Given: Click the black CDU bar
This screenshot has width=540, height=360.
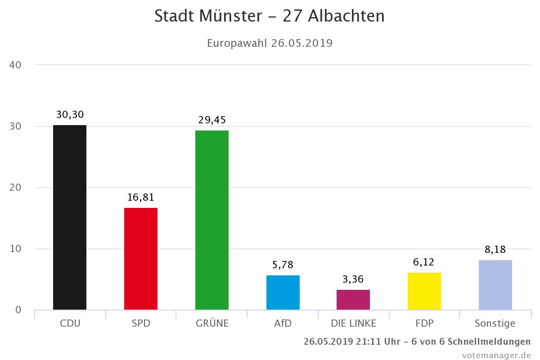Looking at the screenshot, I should pos(70,217).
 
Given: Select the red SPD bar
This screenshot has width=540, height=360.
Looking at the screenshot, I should pos(141,259).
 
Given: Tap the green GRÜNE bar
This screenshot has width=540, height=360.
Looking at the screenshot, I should pos(212,220).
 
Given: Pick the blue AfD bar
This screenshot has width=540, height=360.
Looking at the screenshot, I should pos(283,292).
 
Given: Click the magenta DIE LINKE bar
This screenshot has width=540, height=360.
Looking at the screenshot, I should pos(353,300).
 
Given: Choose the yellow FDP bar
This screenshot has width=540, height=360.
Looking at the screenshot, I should pos(424,291).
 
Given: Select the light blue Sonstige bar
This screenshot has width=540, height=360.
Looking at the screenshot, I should pos(495,285).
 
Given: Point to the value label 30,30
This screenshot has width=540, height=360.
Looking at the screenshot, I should pos(70,115).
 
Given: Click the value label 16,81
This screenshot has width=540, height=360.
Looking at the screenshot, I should pos(141,198).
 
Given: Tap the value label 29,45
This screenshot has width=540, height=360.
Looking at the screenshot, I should pos(212,120).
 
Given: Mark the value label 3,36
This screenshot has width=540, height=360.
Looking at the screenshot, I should pos(353,279).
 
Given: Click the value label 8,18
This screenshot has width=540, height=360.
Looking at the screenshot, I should pos(495,250).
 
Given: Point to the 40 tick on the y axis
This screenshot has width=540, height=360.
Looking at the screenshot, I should pos(15,65).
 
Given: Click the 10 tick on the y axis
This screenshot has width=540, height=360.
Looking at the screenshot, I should pos(15,249).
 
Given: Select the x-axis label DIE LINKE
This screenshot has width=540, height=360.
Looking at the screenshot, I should pos(353,324).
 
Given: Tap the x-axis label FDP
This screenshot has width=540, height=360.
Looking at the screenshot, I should pos(424,324).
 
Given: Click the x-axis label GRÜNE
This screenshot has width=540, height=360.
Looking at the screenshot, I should pos(212,324).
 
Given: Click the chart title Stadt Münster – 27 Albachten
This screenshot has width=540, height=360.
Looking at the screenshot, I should pos(270,16).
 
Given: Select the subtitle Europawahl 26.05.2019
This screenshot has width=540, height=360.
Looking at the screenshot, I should pos(270,43).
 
